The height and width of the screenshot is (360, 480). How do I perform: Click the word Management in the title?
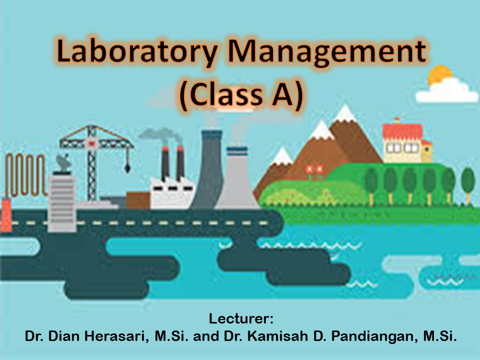(327, 52)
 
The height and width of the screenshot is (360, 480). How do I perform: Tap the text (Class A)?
(241, 94)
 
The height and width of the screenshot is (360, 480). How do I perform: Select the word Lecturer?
(241, 318)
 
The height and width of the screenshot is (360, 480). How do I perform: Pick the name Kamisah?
(277, 336)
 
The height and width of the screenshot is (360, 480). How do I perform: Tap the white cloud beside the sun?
(447, 91)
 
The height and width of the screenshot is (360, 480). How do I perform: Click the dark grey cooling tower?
(210, 169)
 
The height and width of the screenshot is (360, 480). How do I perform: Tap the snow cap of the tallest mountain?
(344, 113)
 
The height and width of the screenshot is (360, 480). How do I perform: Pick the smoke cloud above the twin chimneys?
(159, 135)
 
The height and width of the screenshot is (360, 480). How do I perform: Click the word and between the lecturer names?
(206, 336)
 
